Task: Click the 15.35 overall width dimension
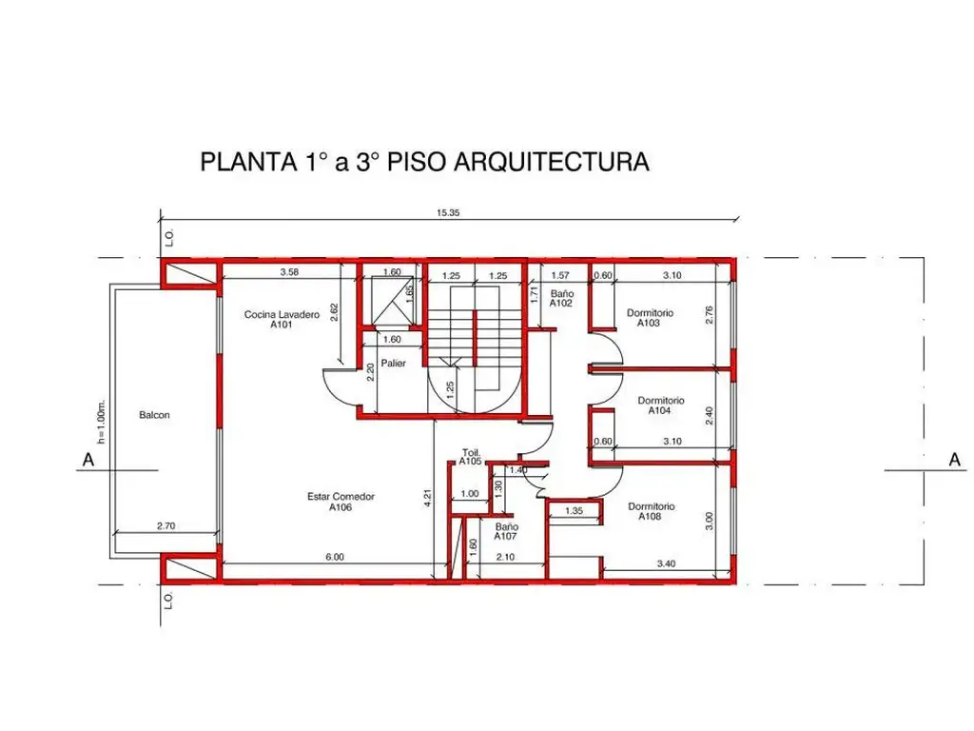tap(448, 212)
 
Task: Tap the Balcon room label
tap(154, 415)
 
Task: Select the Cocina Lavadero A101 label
tap(282, 319)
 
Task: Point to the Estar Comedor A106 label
tap(341, 502)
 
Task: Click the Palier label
tap(393, 363)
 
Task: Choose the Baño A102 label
tap(561, 298)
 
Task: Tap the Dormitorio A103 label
tap(650, 318)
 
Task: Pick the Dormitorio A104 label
tap(660, 405)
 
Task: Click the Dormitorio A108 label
tap(651, 511)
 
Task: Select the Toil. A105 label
tap(471, 457)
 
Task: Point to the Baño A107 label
tap(506, 531)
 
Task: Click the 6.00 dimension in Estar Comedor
tap(335, 557)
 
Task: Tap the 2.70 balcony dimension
tap(166, 525)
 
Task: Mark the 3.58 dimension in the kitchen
tap(289, 271)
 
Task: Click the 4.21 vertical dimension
tap(428, 499)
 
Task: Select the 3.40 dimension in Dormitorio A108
tap(666, 563)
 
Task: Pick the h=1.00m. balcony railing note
tap(102, 422)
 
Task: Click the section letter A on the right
tap(955, 460)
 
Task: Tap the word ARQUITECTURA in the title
tap(553, 162)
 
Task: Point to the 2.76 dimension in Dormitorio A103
tap(710, 315)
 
